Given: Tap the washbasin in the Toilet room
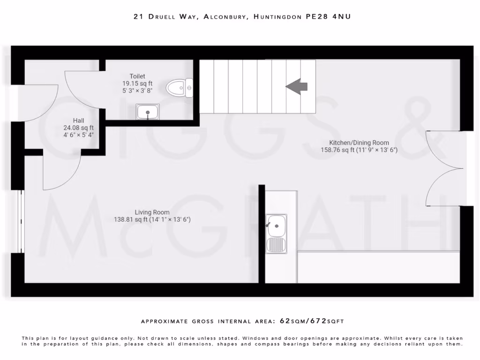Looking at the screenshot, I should (x=148, y=112).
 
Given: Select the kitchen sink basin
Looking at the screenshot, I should (x=276, y=226).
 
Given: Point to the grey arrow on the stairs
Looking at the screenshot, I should (x=297, y=86).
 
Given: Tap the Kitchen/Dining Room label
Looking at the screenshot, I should (x=359, y=143).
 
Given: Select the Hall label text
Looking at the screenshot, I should (x=78, y=120).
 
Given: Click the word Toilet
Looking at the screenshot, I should (x=137, y=76).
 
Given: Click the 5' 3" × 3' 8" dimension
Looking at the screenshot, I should (x=137, y=90).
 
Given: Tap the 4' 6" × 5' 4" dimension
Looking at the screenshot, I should (x=78, y=135).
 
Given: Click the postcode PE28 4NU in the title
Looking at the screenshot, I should (x=328, y=17).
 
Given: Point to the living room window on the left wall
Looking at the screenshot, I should (x=21, y=221).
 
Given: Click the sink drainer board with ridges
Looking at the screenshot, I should (x=276, y=245).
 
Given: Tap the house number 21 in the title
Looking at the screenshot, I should (x=138, y=17).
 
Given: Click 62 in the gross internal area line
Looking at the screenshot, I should (x=285, y=321).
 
